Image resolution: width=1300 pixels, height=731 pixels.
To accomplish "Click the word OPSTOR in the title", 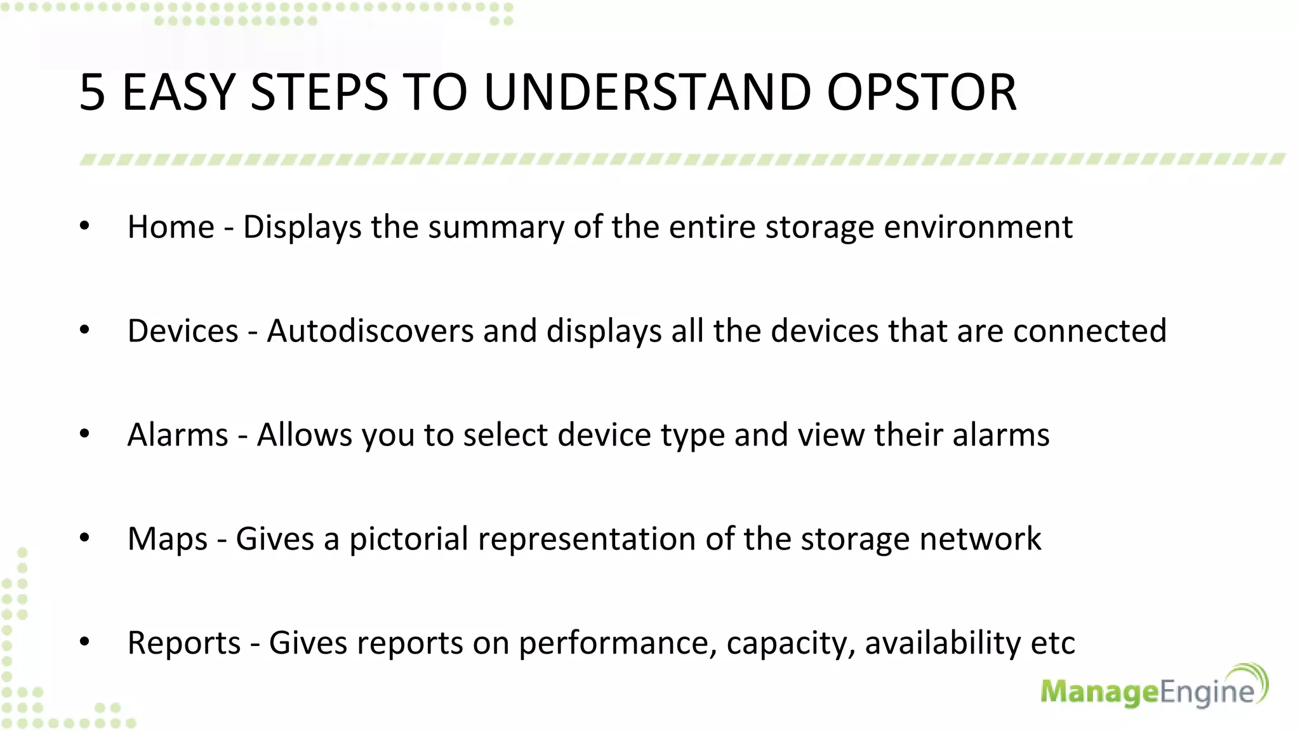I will [922, 93].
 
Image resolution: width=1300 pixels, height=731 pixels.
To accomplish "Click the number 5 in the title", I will [92, 93].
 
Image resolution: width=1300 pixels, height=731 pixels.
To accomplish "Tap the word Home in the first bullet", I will [171, 227].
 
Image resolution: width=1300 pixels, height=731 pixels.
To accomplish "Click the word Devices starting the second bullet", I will [183, 331].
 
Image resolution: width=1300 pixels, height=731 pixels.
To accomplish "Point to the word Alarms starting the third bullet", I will [178, 435].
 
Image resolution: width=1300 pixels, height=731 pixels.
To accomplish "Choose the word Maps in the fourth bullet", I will [168, 539].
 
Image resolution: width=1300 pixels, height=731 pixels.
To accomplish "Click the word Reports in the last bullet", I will [184, 643].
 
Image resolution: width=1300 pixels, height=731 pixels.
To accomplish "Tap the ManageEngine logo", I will [1153, 688].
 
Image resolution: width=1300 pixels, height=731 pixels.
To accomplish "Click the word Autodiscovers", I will [370, 331].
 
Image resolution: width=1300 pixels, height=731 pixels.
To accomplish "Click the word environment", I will [978, 227].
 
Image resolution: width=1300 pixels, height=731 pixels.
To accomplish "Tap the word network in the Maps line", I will [980, 539].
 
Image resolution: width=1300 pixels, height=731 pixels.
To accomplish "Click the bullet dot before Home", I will [84, 226].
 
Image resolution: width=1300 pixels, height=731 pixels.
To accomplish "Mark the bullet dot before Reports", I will [84, 642].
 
